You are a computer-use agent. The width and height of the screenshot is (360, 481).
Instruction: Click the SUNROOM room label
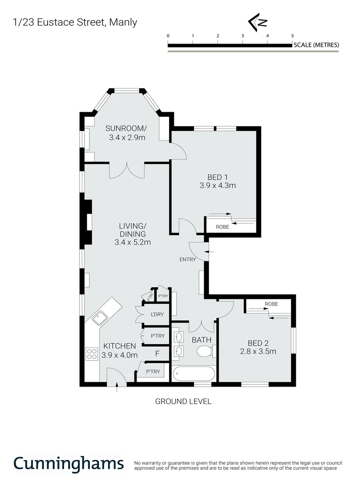point(126,129)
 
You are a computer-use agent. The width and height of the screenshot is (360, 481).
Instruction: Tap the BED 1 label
point(218,176)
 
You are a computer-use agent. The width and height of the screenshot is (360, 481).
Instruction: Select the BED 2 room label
point(258,343)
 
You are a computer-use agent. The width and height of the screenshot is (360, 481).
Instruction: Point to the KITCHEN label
point(119,346)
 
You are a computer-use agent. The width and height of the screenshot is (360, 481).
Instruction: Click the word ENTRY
point(187,259)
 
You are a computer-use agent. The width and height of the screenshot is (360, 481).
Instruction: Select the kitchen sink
point(98,318)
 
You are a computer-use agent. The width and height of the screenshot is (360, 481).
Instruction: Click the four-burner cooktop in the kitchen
point(92,354)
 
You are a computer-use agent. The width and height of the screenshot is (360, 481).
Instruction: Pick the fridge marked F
point(157,354)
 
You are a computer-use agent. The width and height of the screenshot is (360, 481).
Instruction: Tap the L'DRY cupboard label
point(158,314)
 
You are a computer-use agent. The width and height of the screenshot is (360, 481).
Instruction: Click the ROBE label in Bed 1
point(222,227)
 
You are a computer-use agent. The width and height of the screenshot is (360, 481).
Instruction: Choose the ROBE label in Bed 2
point(271,304)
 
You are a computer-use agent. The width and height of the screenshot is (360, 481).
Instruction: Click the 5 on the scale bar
point(292,36)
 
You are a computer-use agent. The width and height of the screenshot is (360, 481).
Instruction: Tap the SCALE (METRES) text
point(316,45)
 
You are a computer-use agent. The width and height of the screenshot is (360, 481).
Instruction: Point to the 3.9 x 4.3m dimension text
point(218,185)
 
